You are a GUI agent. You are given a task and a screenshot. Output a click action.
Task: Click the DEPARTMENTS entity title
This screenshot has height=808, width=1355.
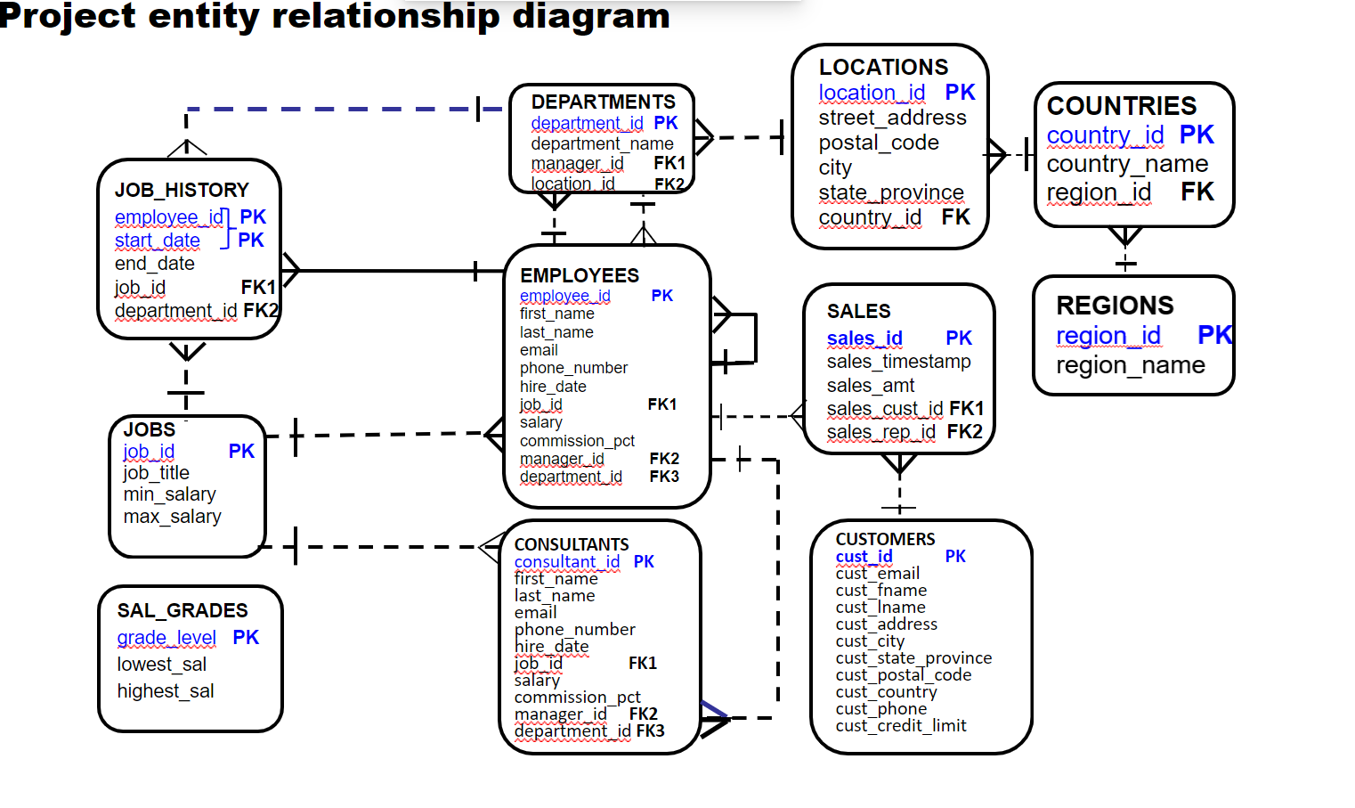click(x=603, y=102)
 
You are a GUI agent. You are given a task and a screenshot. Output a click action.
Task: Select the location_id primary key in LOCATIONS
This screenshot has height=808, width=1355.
click(x=872, y=93)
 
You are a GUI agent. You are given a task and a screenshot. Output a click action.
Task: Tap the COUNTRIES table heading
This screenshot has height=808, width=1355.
click(x=1121, y=106)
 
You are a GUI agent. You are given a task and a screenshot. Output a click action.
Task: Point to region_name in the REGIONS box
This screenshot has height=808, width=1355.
click(x=1130, y=365)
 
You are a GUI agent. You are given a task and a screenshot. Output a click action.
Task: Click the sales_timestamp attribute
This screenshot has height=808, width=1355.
click(x=898, y=362)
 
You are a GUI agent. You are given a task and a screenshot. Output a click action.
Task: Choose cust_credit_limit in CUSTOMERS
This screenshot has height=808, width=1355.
click(x=900, y=726)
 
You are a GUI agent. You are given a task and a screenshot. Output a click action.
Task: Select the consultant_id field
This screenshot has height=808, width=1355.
click(x=566, y=562)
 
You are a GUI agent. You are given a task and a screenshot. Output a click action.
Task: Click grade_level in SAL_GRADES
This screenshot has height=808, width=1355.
click(x=166, y=638)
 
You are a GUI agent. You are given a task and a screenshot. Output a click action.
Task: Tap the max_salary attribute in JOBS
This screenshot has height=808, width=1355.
click(x=172, y=517)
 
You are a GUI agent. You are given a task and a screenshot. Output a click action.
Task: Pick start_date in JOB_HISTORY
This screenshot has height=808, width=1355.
click(x=158, y=241)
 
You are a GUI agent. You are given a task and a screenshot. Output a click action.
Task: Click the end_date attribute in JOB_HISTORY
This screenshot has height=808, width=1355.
click(x=154, y=264)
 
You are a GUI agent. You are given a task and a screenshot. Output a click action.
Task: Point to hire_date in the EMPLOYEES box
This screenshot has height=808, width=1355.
click(x=553, y=387)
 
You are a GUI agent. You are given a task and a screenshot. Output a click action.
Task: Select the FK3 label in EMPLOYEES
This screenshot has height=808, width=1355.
click(x=664, y=477)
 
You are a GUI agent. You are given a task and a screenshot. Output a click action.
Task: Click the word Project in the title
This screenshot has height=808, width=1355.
click(x=67, y=16)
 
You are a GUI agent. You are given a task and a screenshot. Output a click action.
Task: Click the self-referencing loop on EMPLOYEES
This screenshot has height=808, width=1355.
click(x=754, y=339)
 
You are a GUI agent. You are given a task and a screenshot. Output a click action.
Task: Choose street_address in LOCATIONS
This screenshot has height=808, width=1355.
click(x=892, y=118)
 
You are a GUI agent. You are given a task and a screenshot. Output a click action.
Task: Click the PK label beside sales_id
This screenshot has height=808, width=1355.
click(x=958, y=339)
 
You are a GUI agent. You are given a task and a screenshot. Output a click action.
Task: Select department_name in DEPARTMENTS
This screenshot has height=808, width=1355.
click(x=602, y=143)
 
